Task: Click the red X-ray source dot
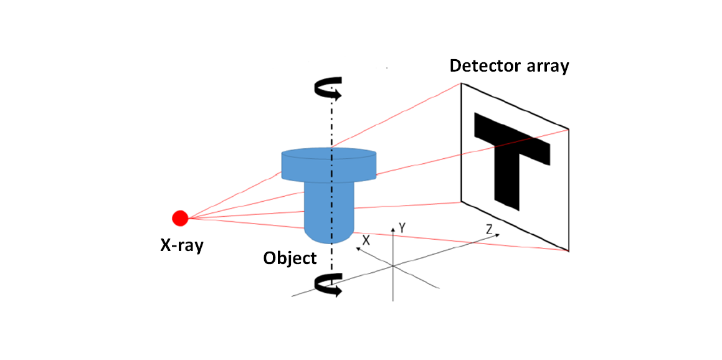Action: point(180,218)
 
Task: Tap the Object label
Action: point(290,258)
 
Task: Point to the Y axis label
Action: point(402,229)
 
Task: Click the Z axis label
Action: point(489,230)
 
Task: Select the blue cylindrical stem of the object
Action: point(328,212)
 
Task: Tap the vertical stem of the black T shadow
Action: point(506,181)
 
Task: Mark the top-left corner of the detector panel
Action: point(462,83)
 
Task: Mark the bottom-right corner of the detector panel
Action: point(568,251)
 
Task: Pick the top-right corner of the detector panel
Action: point(568,129)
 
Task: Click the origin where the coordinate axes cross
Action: point(392,266)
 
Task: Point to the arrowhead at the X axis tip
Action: point(358,248)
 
